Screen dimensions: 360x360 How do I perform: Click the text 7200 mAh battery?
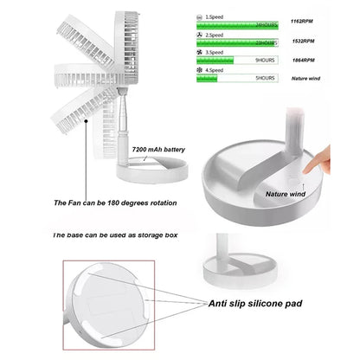coord(159,151)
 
